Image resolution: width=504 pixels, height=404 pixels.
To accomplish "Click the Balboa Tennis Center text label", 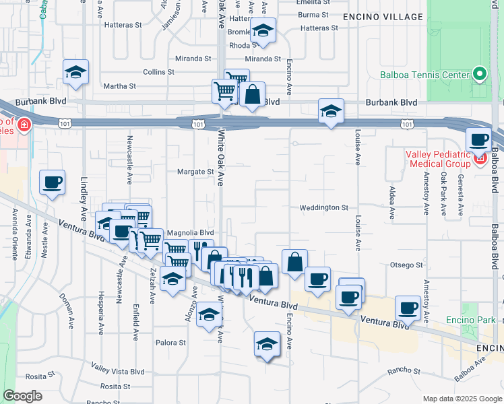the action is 424,74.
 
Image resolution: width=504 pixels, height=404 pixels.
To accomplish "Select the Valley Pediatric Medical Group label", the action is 438,160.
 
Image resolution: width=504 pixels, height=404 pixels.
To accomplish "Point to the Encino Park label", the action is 470,319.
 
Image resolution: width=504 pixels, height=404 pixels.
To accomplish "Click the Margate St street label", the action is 195,172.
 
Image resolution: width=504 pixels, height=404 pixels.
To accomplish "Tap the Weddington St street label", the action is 324,208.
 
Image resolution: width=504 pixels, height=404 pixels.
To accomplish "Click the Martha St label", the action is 120,86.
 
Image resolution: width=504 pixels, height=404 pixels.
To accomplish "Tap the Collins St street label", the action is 158,71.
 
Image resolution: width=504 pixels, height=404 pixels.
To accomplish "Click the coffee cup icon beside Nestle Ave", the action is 52,182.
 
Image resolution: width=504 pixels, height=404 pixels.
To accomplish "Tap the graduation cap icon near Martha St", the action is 76,71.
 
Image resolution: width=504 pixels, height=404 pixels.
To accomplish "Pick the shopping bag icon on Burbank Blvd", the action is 252,94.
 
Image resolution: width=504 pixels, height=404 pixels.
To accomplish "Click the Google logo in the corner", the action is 22,396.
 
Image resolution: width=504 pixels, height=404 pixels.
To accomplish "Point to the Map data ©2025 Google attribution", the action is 461,399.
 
